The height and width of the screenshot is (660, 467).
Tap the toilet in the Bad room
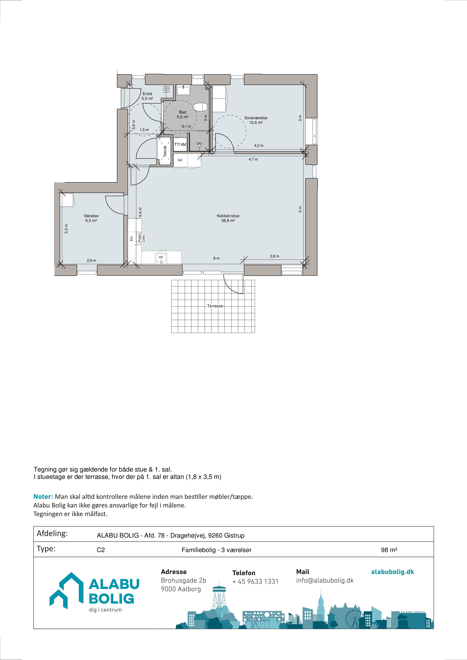pyautogui.click(x=200, y=107)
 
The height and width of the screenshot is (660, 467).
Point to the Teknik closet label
pyautogui.click(x=165, y=151)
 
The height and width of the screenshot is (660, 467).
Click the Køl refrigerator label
pyautogui.click(x=180, y=160)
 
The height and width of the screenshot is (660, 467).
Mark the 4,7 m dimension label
pyautogui.click(x=253, y=159)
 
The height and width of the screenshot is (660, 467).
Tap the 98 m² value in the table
pyautogui.click(x=389, y=550)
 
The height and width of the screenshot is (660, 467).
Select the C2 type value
pyautogui.click(x=101, y=550)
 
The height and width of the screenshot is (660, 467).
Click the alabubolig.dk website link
pyautogui.click(x=392, y=572)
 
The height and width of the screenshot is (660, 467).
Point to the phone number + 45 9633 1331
pyautogui.click(x=255, y=582)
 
